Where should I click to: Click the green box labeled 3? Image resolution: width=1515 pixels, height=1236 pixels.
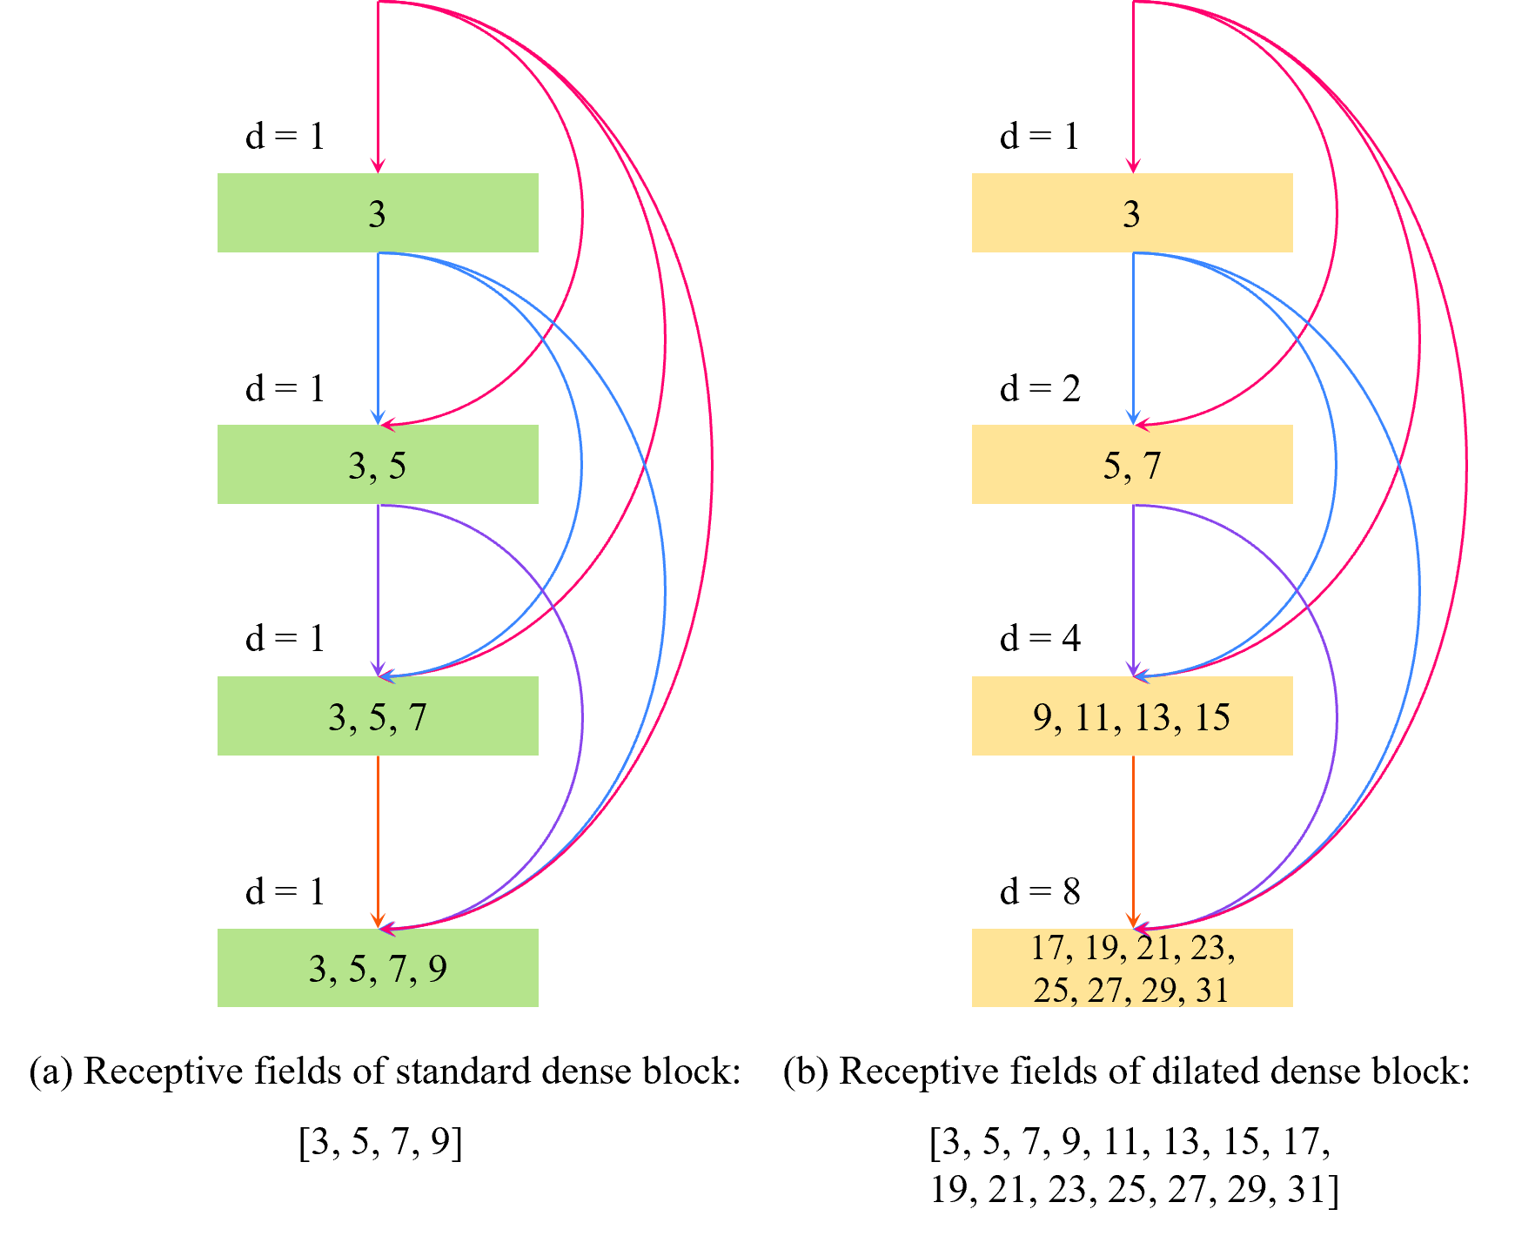pos(378,213)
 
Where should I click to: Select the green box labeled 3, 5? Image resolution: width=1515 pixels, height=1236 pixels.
pos(378,465)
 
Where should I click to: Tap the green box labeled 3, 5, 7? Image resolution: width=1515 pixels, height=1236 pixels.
pos(378,716)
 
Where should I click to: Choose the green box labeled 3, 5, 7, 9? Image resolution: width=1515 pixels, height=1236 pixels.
pos(378,968)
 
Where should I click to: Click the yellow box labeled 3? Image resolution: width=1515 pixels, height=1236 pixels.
pos(1132,213)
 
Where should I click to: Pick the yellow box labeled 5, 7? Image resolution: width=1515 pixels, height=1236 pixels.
pos(1132,465)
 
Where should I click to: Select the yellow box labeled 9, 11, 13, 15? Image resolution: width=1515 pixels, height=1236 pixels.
pos(1132,716)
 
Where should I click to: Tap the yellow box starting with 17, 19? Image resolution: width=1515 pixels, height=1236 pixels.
pos(1132,968)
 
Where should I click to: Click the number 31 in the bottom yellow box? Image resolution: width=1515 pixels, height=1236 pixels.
pos(1212,991)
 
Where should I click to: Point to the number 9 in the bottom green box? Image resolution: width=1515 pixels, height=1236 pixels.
pos(437,969)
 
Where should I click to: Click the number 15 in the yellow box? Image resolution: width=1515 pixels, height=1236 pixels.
pos(1211,717)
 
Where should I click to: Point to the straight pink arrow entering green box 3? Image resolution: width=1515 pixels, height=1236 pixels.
pos(378,87)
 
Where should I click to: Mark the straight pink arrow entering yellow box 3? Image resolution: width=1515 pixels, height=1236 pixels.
pos(1133,87)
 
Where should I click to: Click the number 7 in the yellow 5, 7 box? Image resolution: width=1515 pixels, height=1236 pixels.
pos(1152,466)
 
